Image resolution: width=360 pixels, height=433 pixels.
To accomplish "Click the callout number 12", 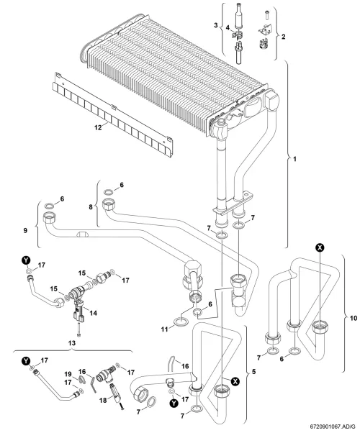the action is tap(98, 127).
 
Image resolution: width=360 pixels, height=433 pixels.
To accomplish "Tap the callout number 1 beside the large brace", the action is tap(294, 159).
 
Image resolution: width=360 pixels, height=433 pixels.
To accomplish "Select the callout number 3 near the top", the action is tap(216, 25).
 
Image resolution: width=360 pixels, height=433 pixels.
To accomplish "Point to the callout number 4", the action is tap(228, 27).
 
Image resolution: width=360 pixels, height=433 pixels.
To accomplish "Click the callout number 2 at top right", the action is tap(284, 37).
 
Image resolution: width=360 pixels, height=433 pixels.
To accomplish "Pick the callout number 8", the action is tap(91, 207).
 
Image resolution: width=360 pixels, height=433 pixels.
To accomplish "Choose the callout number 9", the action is tap(25, 230).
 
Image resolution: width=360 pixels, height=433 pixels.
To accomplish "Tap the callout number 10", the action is tap(354, 318).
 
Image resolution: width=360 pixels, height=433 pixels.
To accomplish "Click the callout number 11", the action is tap(165, 329).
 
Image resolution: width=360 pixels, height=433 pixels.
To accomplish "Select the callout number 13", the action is tap(71, 343).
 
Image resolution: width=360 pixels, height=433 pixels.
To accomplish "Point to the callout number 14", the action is tap(94, 313).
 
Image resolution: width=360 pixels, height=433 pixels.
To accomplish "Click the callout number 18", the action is tap(103, 400).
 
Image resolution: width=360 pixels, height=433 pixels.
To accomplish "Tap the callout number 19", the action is tap(68, 374).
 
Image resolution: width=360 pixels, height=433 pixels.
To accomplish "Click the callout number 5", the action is tap(254, 371).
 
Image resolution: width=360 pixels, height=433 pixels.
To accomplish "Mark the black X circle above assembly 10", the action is tap(320, 248).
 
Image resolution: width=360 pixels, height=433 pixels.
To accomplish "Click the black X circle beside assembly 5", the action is tap(235, 382).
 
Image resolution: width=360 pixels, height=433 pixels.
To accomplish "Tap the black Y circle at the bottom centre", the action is tap(174, 404).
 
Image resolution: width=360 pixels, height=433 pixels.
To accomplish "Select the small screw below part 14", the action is tap(79, 331).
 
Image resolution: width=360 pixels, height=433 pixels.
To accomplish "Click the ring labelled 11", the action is tap(180, 322).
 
